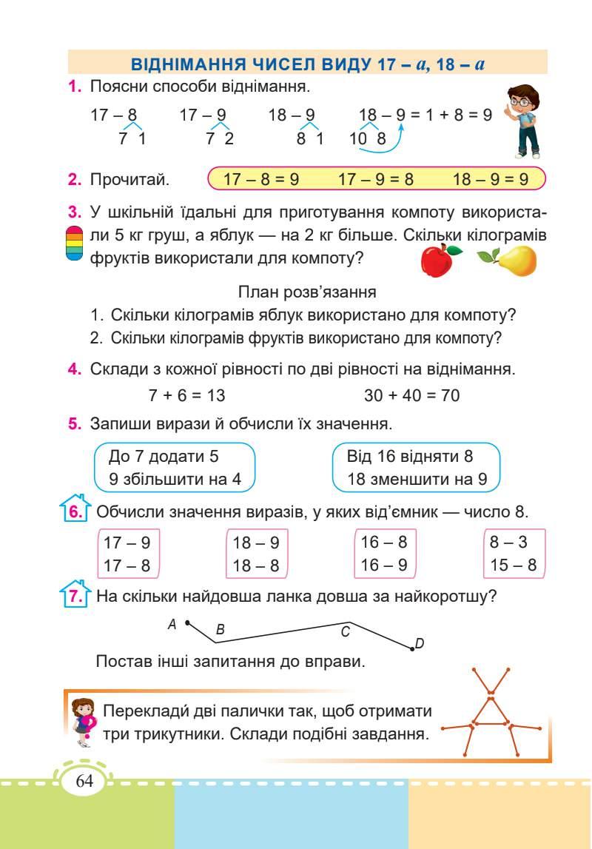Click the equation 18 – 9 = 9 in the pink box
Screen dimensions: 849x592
(x=491, y=179)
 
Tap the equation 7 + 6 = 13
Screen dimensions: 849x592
(x=186, y=395)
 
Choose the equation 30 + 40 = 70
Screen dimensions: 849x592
(x=411, y=395)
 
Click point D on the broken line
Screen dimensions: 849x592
(x=413, y=648)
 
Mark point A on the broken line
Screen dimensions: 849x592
(x=187, y=622)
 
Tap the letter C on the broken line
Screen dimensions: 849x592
(x=345, y=632)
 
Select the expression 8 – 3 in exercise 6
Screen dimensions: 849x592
(x=508, y=542)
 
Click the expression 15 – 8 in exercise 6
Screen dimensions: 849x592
(x=513, y=566)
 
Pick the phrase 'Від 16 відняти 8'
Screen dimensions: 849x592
(x=410, y=455)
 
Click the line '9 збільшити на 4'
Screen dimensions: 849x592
(x=175, y=479)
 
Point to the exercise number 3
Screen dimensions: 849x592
(x=73, y=214)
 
